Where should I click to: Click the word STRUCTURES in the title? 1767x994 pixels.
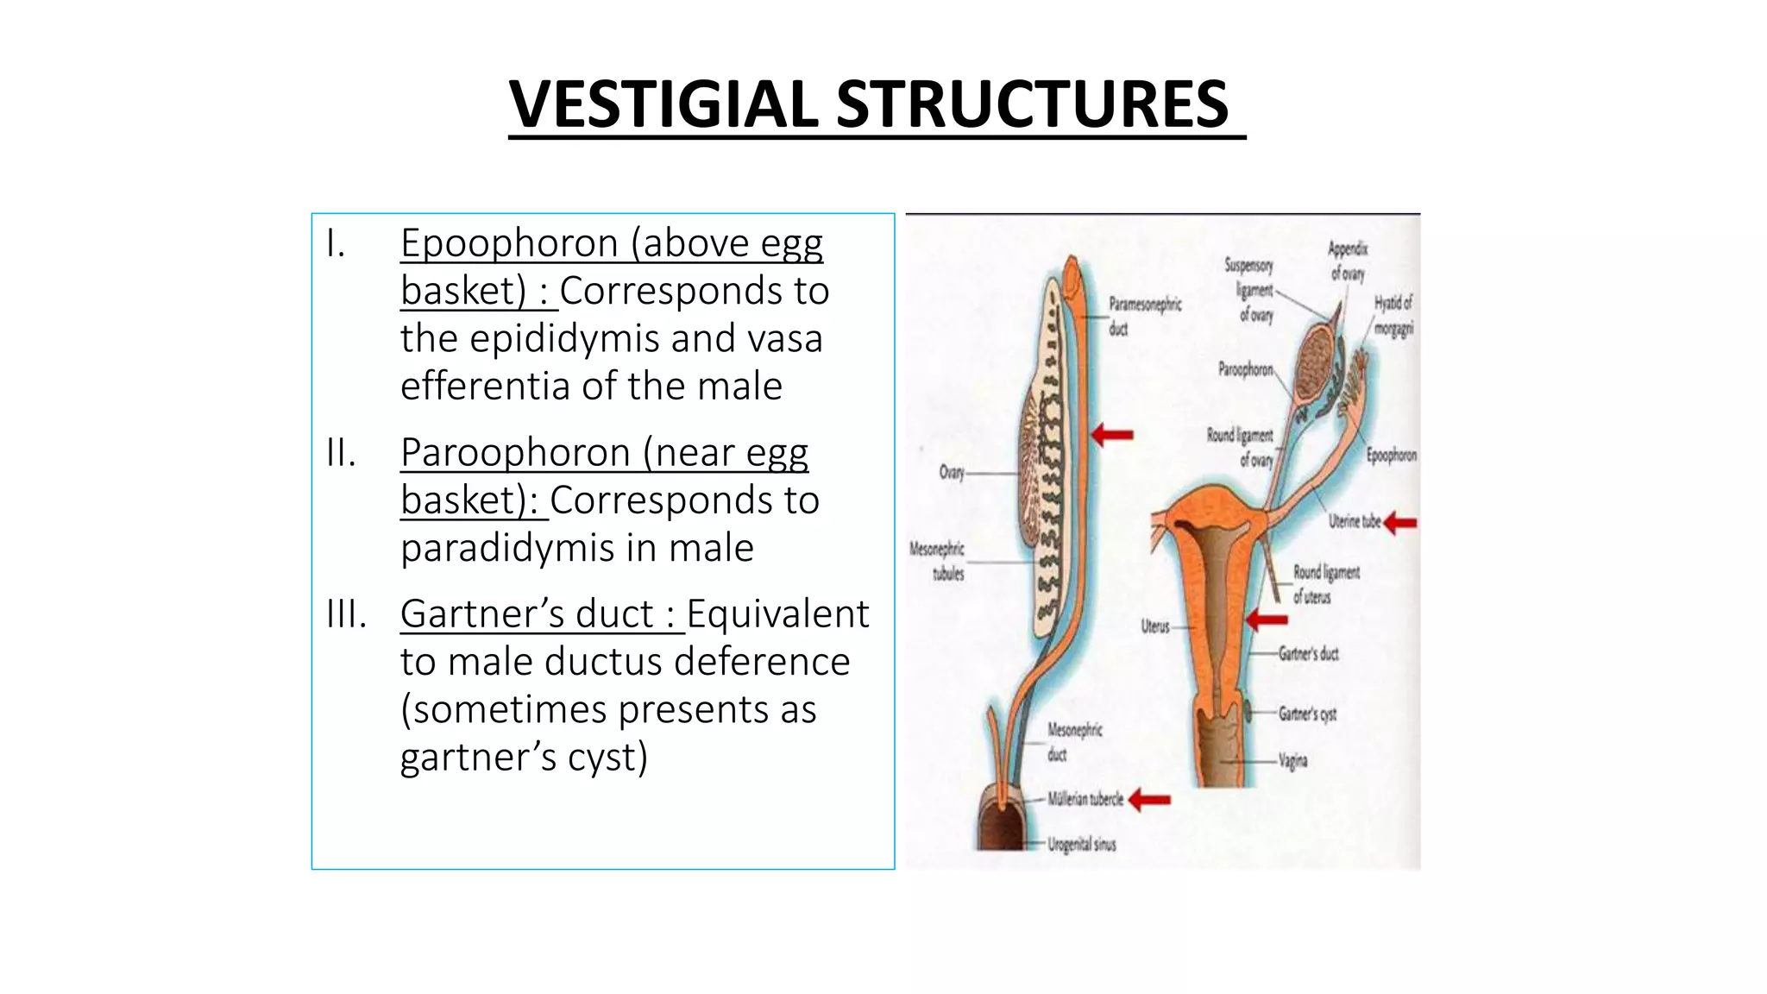click(1032, 104)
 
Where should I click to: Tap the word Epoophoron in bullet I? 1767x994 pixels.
click(514, 243)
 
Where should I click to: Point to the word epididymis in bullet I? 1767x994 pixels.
click(566, 338)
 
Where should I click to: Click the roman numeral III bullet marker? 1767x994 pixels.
click(346, 614)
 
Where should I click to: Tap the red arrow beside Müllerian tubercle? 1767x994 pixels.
click(1149, 800)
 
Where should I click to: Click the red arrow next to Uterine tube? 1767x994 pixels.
click(1400, 522)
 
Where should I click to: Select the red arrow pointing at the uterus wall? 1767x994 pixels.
click(1267, 619)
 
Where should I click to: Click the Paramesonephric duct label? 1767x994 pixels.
click(1144, 316)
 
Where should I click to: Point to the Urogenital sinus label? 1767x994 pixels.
click(1081, 844)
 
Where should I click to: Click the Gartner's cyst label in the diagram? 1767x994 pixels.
click(1306, 714)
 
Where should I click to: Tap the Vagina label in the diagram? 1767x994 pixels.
click(1292, 761)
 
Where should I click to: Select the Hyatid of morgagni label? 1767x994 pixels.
click(1393, 315)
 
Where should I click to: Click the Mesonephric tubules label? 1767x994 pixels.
click(938, 561)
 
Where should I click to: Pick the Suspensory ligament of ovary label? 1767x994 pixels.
click(1250, 289)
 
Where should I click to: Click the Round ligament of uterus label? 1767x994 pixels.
click(1324, 584)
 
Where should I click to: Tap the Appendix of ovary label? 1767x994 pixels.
click(1348, 261)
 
